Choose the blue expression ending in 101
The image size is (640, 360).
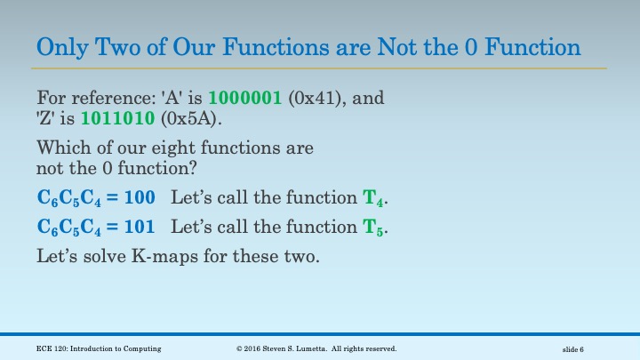click(x=96, y=228)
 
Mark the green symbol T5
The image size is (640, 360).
click(x=375, y=228)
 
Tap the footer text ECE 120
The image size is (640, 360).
click(x=52, y=349)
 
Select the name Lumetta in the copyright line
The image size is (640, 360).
click(x=317, y=349)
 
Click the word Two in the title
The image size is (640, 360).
click(x=108, y=46)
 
